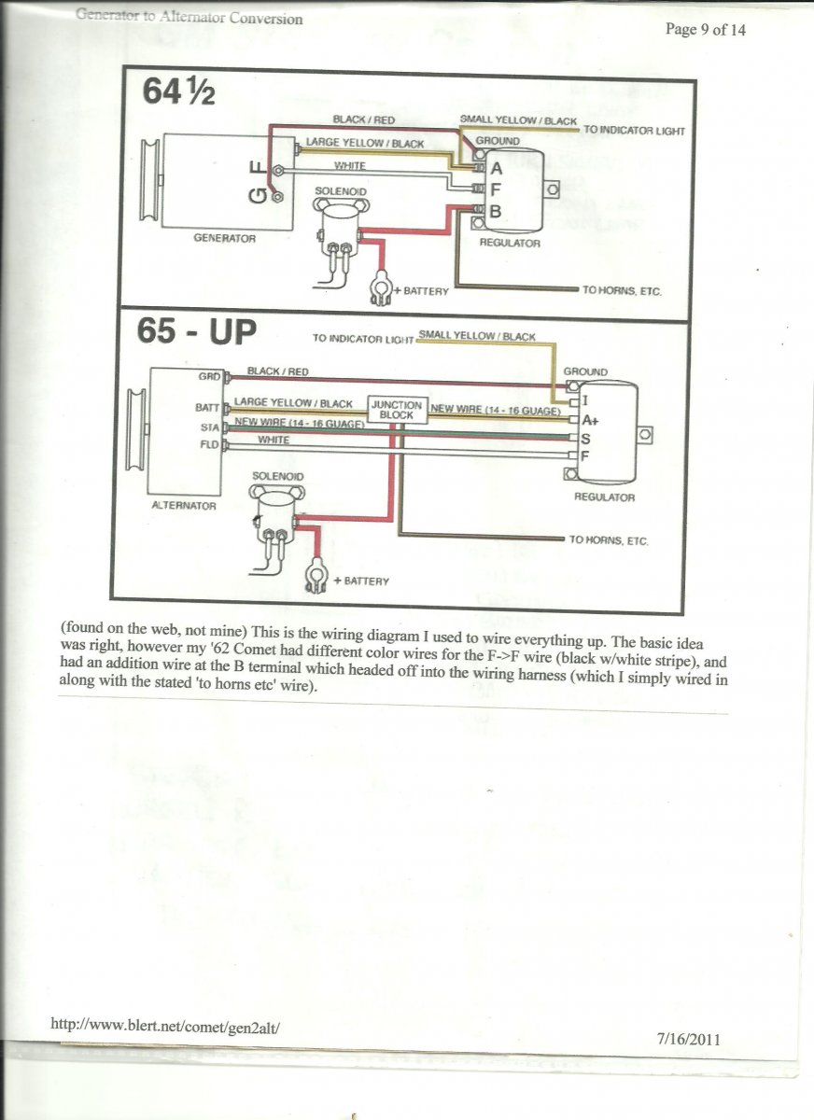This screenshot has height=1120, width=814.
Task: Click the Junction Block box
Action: (398, 410)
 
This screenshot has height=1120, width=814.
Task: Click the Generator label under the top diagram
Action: (224, 238)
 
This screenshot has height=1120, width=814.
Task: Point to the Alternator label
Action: (184, 506)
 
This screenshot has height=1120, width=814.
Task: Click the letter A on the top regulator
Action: (496, 169)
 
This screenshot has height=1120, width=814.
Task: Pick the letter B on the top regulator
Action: (496, 212)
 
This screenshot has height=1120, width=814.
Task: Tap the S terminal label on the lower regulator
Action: (585, 438)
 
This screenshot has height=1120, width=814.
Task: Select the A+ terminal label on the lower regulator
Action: (589, 420)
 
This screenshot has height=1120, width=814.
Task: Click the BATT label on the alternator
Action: (208, 408)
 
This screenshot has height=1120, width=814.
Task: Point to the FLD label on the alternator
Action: (209, 445)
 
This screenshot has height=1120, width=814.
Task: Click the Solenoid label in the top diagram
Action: (340, 191)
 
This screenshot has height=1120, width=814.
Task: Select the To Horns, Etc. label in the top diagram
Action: (622, 291)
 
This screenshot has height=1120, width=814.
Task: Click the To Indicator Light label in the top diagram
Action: (634, 131)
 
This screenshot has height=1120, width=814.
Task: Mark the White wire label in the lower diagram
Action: (274, 440)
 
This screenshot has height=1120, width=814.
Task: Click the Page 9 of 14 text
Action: (705, 29)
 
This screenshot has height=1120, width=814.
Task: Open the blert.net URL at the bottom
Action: (165, 1024)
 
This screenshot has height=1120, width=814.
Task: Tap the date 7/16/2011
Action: (689, 1038)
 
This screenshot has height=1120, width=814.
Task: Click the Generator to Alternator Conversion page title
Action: (189, 17)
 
